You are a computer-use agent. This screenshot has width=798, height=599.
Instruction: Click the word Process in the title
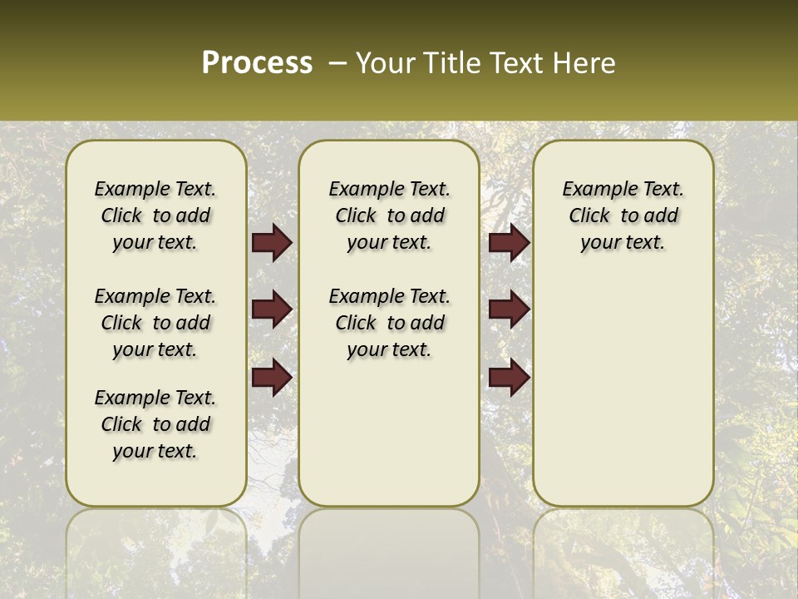pyautogui.click(x=257, y=63)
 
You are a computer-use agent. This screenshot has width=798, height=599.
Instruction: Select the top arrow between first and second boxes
pyautogui.click(x=272, y=243)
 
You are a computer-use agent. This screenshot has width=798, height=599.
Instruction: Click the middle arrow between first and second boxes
pyautogui.click(x=272, y=309)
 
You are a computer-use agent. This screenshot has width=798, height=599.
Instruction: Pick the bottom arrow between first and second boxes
pyautogui.click(x=272, y=377)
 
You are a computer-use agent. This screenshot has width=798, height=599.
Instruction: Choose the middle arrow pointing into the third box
pyautogui.click(x=509, y=309)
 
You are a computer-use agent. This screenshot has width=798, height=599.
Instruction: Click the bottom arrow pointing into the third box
pyautogui.click(x=509, y=377)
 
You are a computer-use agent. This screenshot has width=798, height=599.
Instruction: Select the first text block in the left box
pyautogui.click(x=155, y=215)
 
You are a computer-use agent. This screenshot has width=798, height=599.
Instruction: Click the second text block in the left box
pyautogui.click(x=155, y=323)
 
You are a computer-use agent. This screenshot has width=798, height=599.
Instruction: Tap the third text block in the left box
pyautogui.click(x=155, y=424)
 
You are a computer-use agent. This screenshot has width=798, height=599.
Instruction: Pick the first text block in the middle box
pyautogui.click(x=389, y=215)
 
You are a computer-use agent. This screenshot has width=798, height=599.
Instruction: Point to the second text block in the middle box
pyautogui.click(x=389, y=323)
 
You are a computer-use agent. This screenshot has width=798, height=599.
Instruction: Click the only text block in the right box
pyautogui.click(x=623, y=215)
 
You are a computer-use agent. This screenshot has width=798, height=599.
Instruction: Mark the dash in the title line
pyautogui.click(x=337, y=64)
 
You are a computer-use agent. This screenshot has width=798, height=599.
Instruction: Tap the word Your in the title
pyautogui.click(x=384, y=63)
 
